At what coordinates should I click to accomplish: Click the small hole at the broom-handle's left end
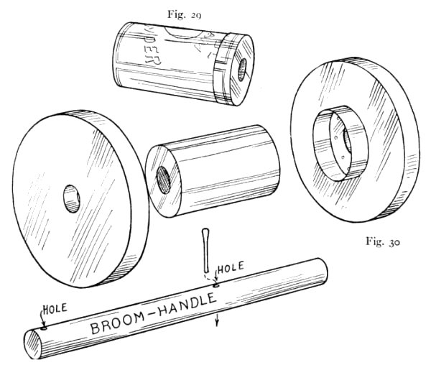coord(42,325)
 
